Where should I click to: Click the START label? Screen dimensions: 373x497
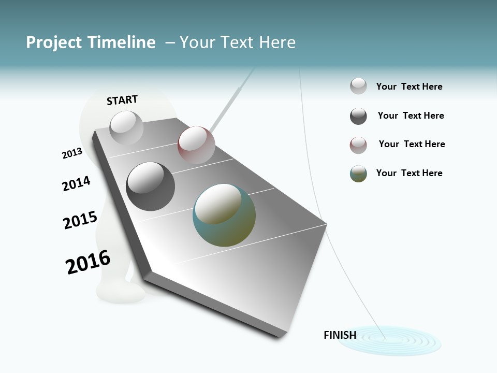pos(122,100)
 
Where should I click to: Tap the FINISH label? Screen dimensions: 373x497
pos(340,335)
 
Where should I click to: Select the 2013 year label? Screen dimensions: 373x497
pos(72,153)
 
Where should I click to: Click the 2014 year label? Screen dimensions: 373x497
pos(76,183)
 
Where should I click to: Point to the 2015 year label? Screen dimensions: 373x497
pos(80,220)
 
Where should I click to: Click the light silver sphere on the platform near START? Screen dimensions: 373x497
pos(126,127)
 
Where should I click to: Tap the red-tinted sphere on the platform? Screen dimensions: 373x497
pos(196,145)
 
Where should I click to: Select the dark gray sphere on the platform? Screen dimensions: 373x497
pos(150,186)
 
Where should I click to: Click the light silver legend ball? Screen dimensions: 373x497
pos(358,87)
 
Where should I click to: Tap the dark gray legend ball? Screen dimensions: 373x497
pos(358,116)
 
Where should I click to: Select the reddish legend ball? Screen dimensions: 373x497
pos(358,145)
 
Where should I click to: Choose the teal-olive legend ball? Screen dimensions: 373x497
pos(358,174)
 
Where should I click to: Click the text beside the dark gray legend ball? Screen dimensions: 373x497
pos(411,116)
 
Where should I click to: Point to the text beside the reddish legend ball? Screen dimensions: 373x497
pos(412,144)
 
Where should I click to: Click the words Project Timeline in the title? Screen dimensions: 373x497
pos(91,42)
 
